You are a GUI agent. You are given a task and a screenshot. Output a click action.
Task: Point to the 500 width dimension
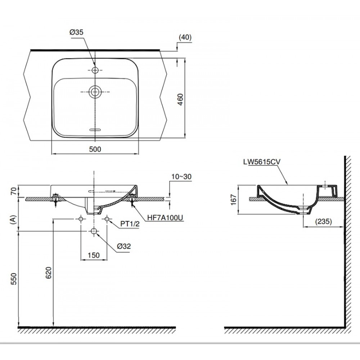click(95, 149)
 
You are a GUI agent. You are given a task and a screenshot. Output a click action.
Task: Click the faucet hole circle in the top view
click(95, 69)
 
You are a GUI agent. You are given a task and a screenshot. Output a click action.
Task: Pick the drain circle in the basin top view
click(95, 91)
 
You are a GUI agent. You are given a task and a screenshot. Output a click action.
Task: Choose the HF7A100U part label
click(165, 218)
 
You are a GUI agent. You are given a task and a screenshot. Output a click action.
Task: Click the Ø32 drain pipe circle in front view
click(94, 231)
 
